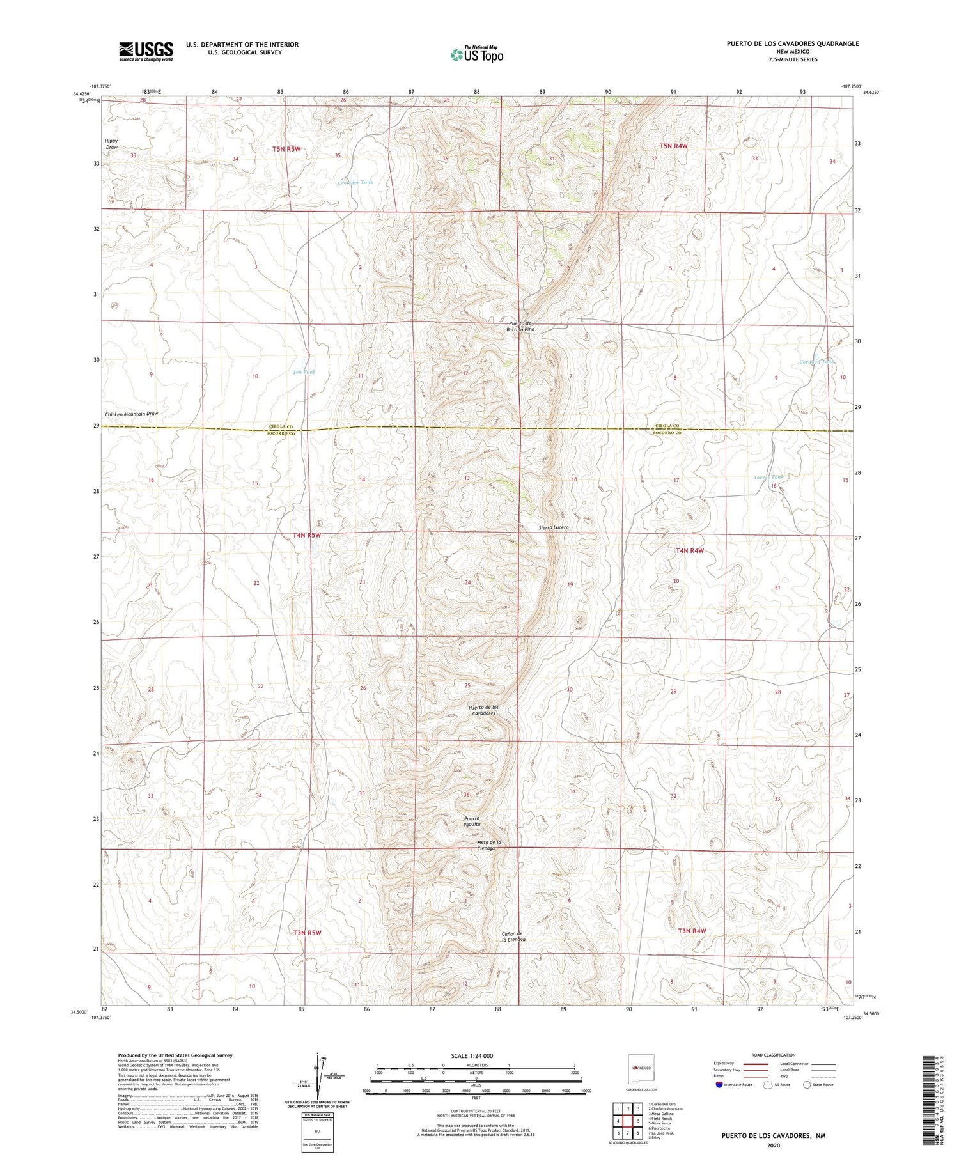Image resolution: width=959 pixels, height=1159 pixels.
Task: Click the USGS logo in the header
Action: coord(146,51)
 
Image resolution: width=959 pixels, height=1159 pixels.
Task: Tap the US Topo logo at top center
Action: coord(476,54)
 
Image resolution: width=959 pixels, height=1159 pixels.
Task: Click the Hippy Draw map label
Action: coord(112,144)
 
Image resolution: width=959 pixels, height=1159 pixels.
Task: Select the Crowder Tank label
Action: coord(355,183)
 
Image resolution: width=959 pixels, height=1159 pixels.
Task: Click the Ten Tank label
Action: coord(304,372)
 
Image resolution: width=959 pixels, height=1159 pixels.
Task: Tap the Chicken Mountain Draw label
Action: coord(132,414)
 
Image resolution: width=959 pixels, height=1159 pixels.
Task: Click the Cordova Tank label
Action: coord(816,362)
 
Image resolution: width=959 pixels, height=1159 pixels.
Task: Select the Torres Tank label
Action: coord(768,477)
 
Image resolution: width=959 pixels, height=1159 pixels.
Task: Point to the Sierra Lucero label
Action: coord(553,527)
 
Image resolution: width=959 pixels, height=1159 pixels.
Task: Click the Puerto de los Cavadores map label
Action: coord(483,710)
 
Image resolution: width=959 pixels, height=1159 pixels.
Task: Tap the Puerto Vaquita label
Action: coord(473,821)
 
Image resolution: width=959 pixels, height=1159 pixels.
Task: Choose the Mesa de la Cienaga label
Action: coord(489,845)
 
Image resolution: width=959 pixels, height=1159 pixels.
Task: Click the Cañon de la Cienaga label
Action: coord(513,937)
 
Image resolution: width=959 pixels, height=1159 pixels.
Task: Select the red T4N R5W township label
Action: coord(307,535)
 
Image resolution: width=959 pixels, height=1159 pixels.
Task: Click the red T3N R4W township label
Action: coord(692,931)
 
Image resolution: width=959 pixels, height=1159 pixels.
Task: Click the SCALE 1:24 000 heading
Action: coord(472,1055)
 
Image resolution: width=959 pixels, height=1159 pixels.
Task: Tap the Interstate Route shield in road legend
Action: coord(719,1084)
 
